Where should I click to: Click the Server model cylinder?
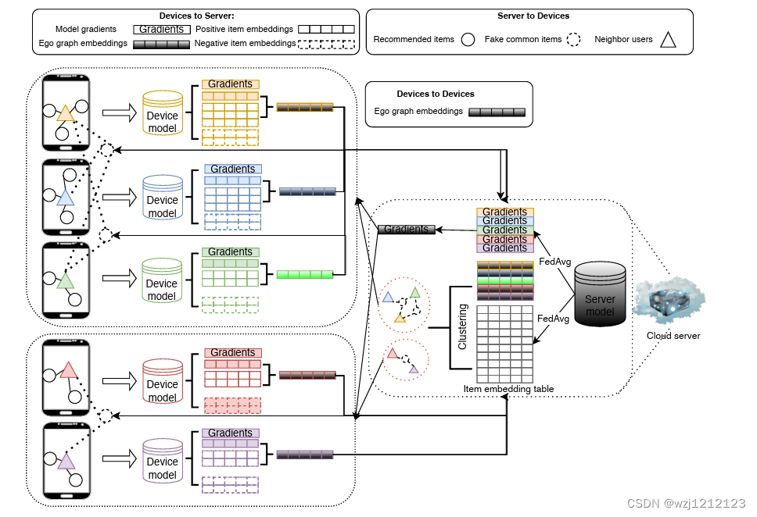(600, 294)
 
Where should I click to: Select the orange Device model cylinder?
(162, 116)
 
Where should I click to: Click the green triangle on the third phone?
(66, 280)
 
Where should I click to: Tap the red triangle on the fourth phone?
(68, 369)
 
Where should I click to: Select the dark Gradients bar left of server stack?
(406, 229)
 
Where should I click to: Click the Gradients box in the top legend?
(161, 29)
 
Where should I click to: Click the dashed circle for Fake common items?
(575, 39)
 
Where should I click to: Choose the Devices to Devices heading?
(436, 94)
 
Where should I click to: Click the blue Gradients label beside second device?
(232, 169)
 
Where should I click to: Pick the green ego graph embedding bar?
(305, 274)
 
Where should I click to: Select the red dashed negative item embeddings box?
(232, 405)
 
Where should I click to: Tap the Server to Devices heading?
(533, 16)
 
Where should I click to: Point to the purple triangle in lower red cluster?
(414, 367)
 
